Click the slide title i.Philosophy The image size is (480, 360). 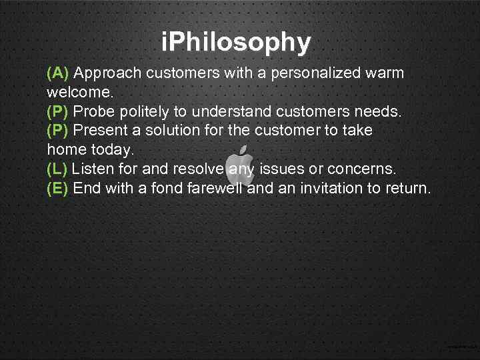236,43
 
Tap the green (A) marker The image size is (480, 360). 58,73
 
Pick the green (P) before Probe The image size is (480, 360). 58,111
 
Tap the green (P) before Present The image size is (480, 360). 58,131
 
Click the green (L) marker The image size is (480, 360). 57,169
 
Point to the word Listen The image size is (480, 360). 93,169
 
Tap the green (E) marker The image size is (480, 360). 58,189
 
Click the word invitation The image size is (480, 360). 321,189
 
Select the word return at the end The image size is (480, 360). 407,189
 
